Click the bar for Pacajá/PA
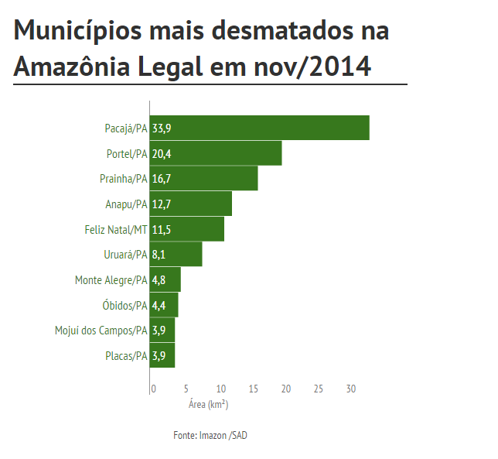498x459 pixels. [259, 128]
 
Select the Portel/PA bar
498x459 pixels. [216, 153]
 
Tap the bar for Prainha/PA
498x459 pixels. [203, 179]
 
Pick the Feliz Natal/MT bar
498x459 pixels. [187, 229]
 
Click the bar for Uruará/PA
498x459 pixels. [176, 255]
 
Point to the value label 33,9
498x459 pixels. [162, 128]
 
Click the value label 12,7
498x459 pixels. [162, 204]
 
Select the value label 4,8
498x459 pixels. [159, 280]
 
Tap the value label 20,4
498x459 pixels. [162, 154]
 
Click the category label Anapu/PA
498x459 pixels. [126, 204]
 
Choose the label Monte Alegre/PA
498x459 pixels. [111, 280]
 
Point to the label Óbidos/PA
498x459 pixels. [124, 306]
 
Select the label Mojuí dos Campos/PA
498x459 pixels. [101, 331]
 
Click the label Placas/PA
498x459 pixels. [126, 356]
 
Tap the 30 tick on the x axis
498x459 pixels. [350, 389]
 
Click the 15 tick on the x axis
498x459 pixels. [253, 389]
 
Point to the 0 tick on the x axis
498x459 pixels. [153, 389]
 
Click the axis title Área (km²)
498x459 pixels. [208, 404]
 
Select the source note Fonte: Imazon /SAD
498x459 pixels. [210, 436]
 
